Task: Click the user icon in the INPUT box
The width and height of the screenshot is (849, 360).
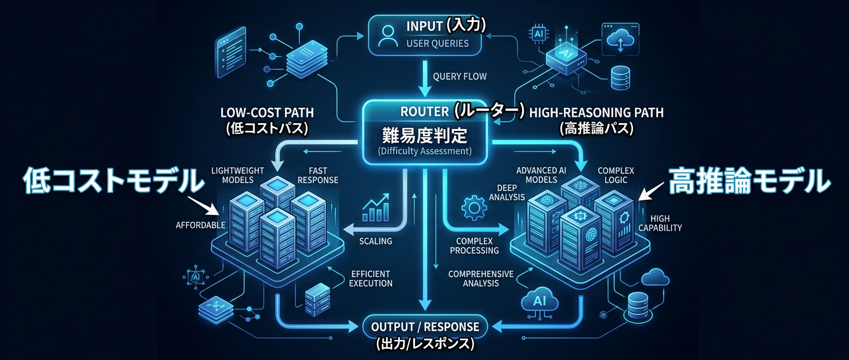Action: [387, 35]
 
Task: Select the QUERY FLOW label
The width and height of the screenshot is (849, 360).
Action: [459, 77]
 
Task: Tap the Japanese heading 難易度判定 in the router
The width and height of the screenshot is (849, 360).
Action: [424, 134]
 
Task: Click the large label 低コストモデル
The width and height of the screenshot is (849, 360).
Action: [114, 180]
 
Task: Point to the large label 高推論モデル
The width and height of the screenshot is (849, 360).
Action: [749, 180]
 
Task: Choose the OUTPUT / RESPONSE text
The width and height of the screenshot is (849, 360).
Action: [425, 327]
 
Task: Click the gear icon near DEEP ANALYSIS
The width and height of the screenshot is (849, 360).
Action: [473, 208]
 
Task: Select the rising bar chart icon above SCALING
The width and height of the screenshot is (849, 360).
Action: [375, 208]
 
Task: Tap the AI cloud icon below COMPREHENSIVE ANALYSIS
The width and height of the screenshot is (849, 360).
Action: [540, 301]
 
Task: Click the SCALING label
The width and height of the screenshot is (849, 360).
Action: [375, 241]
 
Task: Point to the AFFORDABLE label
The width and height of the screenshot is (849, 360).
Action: [200, 225]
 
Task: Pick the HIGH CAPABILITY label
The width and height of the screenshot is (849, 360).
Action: [660, 223]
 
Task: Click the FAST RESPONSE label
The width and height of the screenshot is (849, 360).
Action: [318, 175]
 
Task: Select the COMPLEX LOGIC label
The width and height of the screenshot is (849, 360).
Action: [616, 175]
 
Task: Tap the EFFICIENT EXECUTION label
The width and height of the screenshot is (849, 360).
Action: [370, 279]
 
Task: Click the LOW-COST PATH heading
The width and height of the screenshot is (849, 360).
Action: [267, 113]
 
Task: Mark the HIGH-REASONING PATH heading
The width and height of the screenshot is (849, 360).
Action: [596, 112]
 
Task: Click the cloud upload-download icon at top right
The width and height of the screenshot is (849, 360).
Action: [621, 40]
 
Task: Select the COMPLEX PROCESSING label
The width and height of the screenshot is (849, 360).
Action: [474, 246]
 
